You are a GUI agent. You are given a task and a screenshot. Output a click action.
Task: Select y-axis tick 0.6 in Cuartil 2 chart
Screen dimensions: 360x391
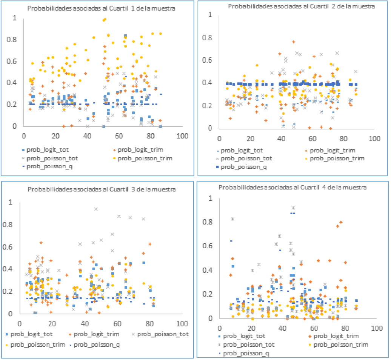208,60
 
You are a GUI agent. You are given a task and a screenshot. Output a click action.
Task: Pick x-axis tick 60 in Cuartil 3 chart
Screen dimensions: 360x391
117,323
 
